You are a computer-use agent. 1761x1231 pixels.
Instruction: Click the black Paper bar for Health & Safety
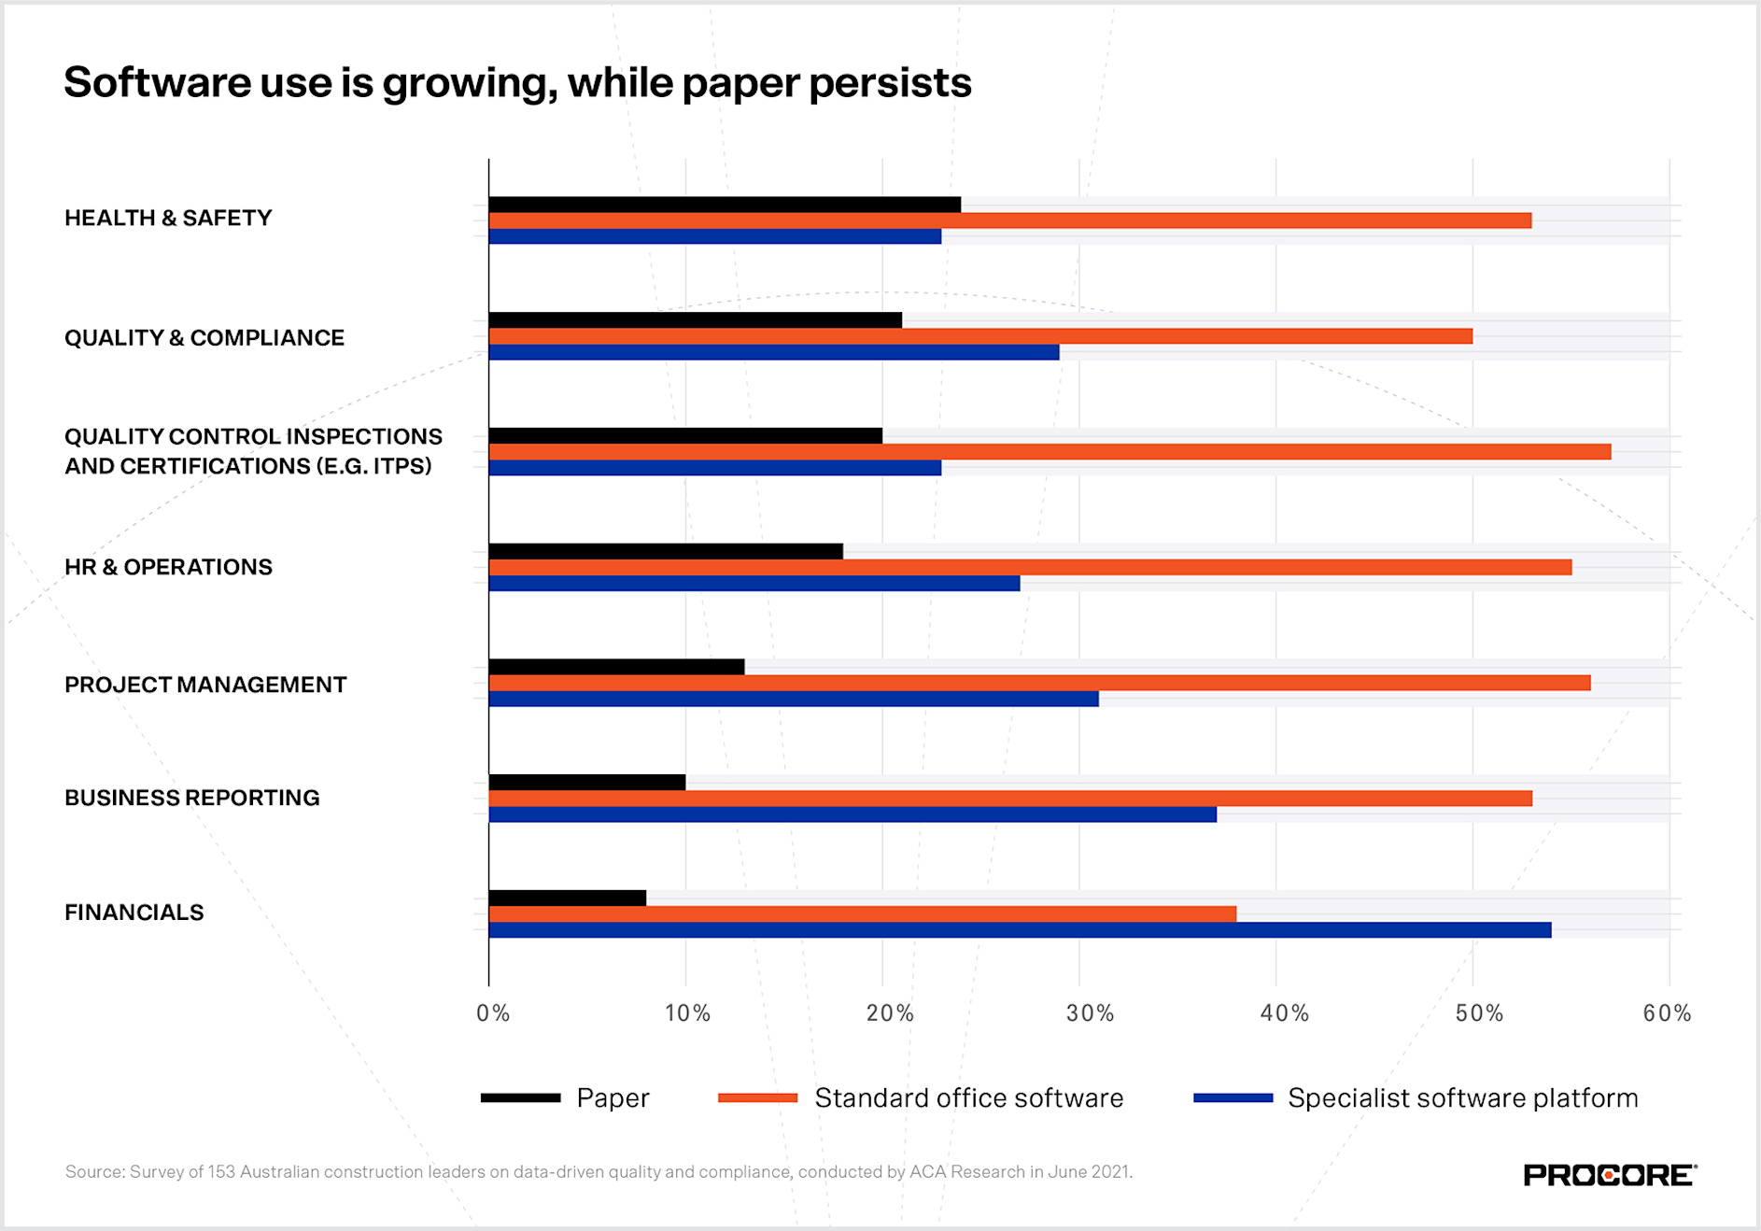[x=725, y=205]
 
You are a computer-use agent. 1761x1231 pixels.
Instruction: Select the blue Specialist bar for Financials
[x=1020, y=930]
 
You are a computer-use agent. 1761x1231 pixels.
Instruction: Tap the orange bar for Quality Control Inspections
[x=1050, y=452]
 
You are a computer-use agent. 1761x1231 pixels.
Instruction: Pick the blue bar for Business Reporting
[x=852, y=814]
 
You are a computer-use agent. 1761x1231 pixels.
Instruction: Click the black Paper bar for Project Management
[x=616, y=667]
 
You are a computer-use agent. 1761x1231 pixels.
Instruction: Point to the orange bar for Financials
[x=862, y=913]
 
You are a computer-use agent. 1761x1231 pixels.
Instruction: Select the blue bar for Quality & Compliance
[x=773, y=352]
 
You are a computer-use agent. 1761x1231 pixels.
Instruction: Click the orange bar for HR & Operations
[x=1030, y=567]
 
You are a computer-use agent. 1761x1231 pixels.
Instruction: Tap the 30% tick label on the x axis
[x=1090, y=1013]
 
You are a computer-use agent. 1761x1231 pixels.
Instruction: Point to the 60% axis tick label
[x=1667, y=1013]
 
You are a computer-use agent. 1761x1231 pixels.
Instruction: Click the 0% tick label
[x=493, y=1013]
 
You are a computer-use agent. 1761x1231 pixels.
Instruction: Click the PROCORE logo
[x=1609, y=1175]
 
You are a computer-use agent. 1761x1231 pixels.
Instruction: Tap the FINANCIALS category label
[x=134, y=913]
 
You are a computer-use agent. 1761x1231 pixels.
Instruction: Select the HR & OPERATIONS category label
[x=168, y=567]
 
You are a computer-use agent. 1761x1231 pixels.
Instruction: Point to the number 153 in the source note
[x=221, y=1172]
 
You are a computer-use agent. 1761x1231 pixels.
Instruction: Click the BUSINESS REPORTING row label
[x=191, y=798]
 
